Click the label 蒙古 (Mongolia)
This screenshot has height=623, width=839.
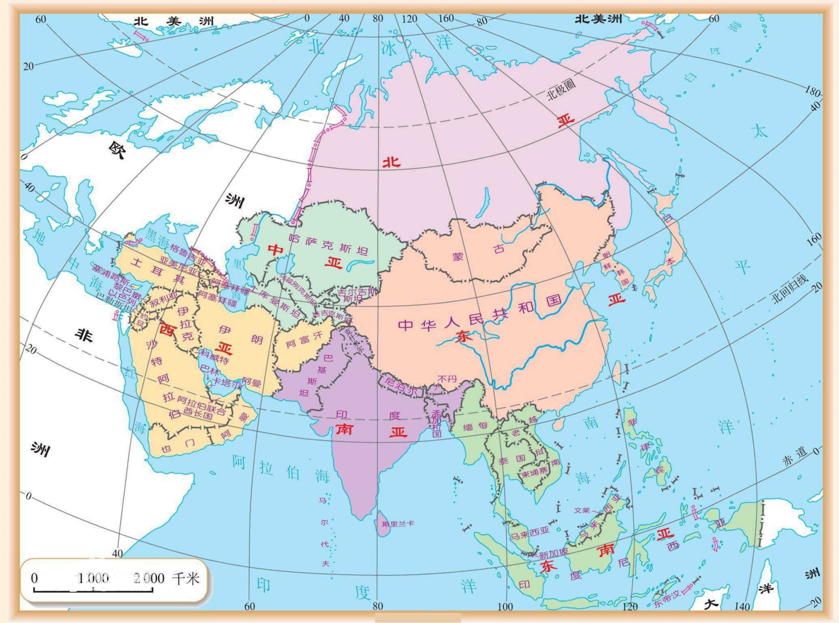[478, 253]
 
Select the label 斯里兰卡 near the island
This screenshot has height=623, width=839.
[398, 524]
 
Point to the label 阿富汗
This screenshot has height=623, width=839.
[304, 340]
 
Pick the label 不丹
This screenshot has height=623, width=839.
[447, 379]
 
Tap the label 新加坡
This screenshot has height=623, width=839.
[553, 553]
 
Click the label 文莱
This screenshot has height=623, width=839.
[582, 510]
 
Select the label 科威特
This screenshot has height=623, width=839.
[215, 357]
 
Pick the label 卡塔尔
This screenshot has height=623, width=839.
[224, 382]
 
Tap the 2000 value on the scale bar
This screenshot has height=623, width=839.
[149, 578]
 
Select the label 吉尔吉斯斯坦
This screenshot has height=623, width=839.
[357, 294]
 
